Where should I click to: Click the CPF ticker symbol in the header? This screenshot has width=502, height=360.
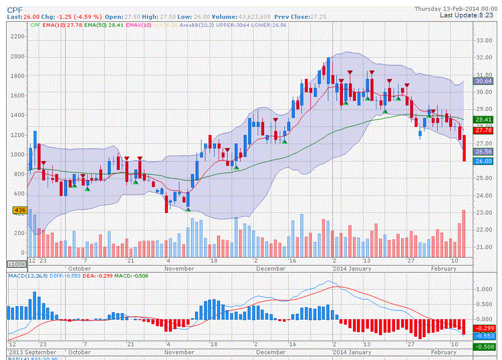[x=15, y=9]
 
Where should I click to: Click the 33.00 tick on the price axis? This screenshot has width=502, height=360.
[x=483, y=40]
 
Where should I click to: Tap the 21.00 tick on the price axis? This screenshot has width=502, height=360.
[x=483, y=247]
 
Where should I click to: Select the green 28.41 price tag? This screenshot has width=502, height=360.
[x=483, y=120]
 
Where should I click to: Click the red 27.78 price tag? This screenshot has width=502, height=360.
[x=483, y=130]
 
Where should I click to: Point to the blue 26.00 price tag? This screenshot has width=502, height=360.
[x=483, y=161]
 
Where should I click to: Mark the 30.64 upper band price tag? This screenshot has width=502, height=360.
[x=483, y=81]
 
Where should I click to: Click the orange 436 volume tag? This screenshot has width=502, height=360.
[x=19, y=210]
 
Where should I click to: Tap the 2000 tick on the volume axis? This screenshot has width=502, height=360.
[x=17, y=56]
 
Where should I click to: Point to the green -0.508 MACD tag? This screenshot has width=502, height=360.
[x=483, y=347]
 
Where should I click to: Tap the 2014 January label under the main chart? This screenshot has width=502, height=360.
[x=352, y=268]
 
